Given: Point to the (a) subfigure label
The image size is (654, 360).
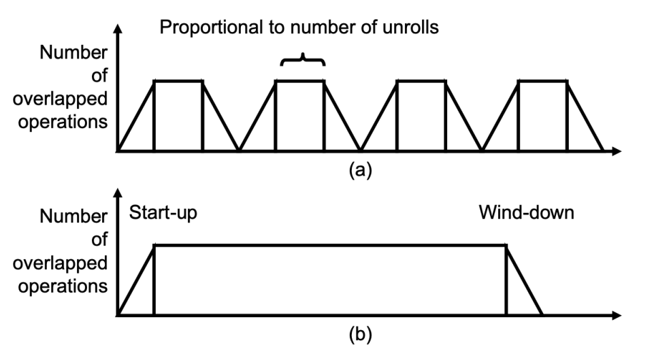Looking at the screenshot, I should coord(360,170).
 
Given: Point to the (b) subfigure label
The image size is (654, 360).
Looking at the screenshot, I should coord(360,336).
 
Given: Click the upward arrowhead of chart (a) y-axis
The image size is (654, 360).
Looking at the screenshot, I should coord(118,30).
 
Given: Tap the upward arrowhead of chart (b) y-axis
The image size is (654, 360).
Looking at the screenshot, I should coord(118,196).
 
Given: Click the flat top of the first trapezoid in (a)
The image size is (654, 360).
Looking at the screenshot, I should coord(178,81).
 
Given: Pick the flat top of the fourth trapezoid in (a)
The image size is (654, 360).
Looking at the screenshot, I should coord(542,81).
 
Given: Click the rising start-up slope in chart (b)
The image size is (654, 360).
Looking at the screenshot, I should coord(136,280).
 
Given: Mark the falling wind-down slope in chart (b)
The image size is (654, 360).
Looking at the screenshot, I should coord(524,280).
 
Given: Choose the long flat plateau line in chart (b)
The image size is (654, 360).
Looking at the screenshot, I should coord(330,245).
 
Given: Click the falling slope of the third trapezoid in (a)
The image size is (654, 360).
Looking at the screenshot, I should coord(463,116).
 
